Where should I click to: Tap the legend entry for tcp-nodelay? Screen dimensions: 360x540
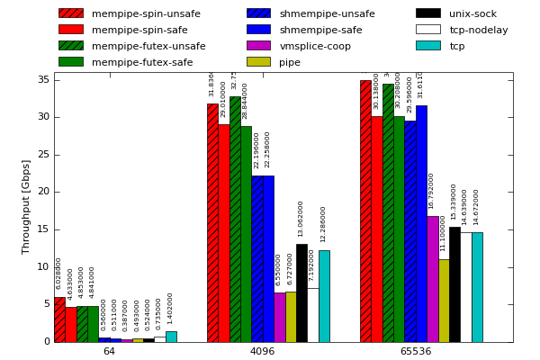coord(478,30)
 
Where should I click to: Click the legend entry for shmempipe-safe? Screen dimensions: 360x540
coord(320,30)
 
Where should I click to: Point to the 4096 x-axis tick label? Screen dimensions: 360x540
coord(262,351)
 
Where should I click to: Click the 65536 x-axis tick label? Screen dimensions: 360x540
coord(415,351)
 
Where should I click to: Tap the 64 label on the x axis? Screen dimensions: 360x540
coord(109,351)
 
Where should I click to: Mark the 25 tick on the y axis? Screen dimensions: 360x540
coord(43,155)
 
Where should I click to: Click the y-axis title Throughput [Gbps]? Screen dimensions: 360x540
coord(26,206)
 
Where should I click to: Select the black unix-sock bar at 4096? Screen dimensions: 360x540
coord(301,292)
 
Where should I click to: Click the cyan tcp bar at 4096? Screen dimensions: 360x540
coord(324,296)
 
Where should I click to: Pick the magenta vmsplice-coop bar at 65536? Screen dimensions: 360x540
coord(433,279)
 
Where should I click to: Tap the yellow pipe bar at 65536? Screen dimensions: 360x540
coord(444,301)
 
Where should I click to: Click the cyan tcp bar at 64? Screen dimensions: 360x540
coord(171,337)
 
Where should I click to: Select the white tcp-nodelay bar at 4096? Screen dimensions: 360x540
coord(312,315)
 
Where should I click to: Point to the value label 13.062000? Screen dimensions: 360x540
coord(301,219)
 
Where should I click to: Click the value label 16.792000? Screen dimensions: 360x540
coord(432,191)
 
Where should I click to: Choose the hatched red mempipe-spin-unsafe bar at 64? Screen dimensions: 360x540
coord(59,319)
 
